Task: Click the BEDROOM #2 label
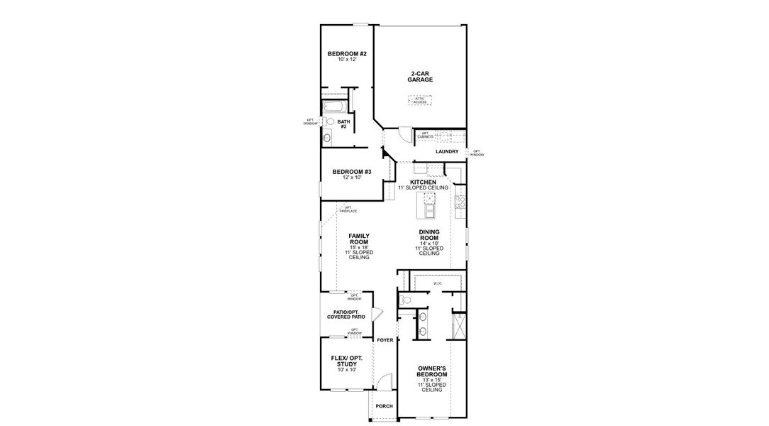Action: (347, 54)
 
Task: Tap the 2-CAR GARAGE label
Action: (420, 77)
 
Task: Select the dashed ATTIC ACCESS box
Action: (420, 100)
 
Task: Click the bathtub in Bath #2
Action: (334, 108)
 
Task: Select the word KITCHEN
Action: (423, 182)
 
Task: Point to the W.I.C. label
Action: (438, 283)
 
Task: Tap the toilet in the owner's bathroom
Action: (406, 300)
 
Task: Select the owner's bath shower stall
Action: (458, 325)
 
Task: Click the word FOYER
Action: (385, 340)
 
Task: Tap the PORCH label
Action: (384, 406)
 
